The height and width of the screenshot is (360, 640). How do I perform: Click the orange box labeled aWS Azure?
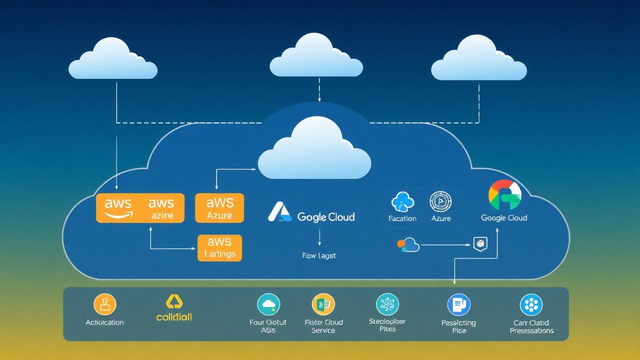click(x=219, y=208)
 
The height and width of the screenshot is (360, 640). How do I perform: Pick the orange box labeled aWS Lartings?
click(x=219, y=248)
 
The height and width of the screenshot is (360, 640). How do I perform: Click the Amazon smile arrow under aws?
click(x=118, y=215)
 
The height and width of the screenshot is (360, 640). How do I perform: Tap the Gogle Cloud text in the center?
click(x=325, y=217)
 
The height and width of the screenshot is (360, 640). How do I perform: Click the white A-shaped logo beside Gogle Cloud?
click(x=279, y=212)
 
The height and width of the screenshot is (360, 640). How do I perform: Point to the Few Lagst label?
click(x=319, y=255)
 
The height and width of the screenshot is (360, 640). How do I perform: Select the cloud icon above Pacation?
click(x=402, y=202)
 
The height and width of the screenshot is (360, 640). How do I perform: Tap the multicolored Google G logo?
click(x=504, y=195)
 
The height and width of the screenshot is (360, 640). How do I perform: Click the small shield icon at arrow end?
click(x=479, y=244)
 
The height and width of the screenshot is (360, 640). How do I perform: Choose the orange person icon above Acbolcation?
click(x=105, y=304)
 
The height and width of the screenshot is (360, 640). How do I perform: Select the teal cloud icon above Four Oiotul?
click(x=268, y=304)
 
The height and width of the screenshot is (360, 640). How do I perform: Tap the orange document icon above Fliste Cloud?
click(x=323, y=304)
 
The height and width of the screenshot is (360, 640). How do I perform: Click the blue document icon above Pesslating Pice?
click(x=458, y=304)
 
